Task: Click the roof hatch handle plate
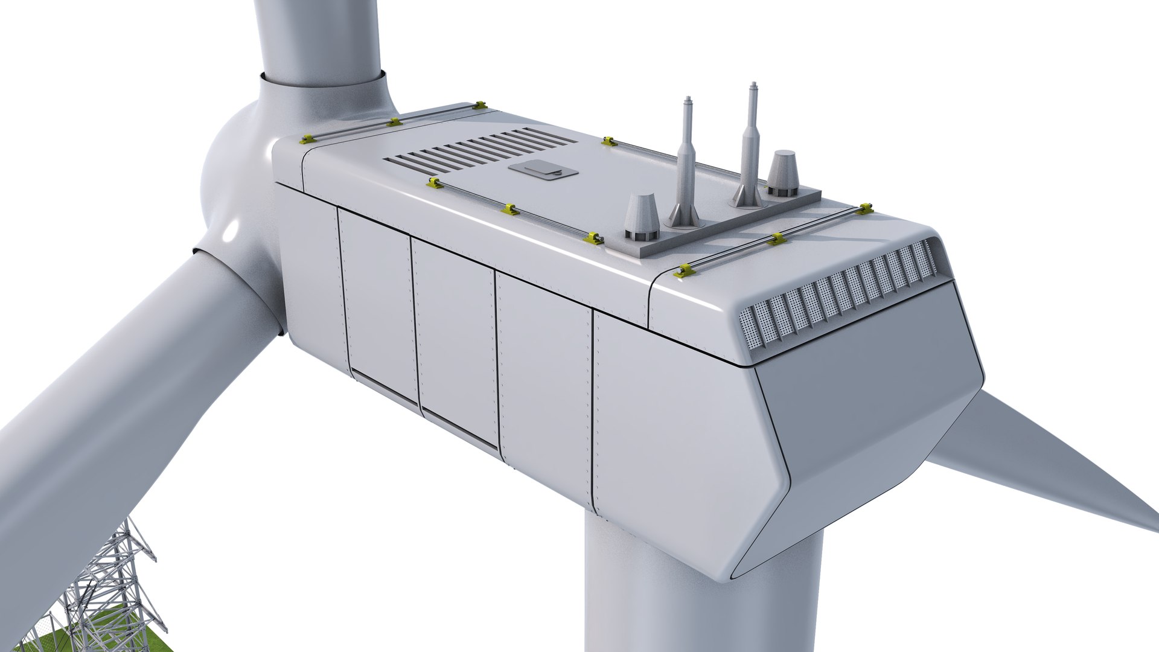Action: [543, 171]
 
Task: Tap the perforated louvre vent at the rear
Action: [839, 293]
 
